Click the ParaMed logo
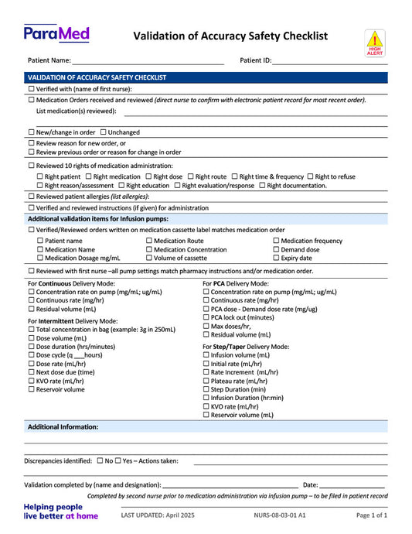56,33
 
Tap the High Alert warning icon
374,43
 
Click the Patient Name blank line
148,60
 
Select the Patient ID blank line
329,60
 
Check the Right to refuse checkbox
311,176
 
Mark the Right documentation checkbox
262,186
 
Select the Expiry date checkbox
277,258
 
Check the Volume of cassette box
150,258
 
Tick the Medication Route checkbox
150,241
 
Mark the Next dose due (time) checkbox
31,372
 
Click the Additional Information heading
63,427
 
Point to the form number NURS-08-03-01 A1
279,515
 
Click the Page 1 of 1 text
371,515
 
